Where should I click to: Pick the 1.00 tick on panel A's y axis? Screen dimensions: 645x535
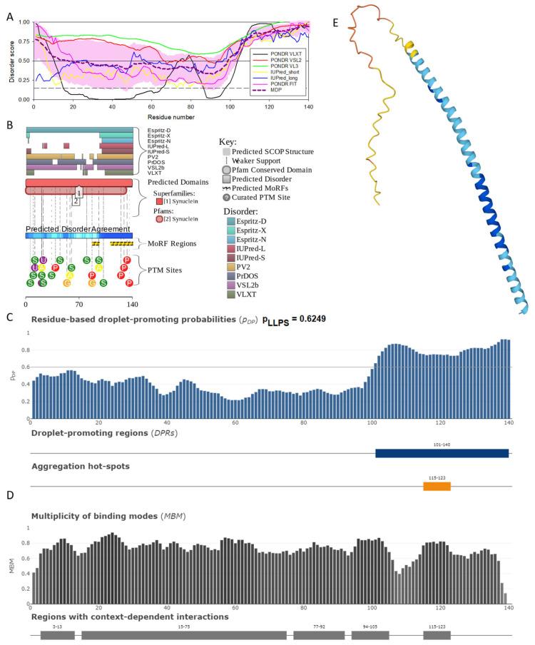click(24, 22)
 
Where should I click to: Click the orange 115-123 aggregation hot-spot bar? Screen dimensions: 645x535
click(437, 486)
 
